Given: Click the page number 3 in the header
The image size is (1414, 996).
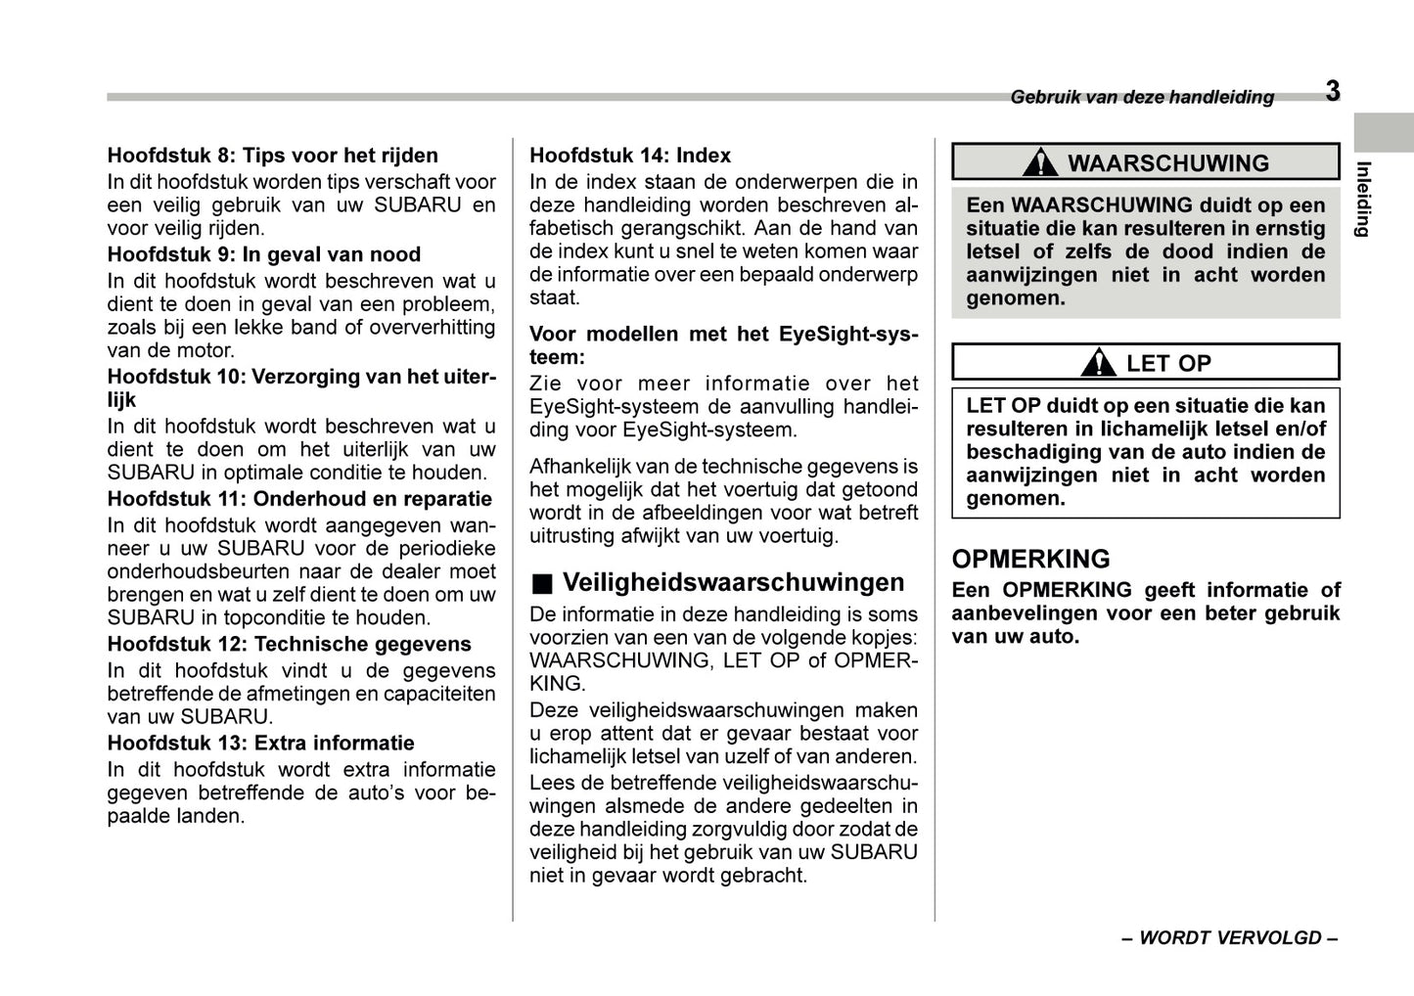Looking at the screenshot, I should [x=1333, y=92].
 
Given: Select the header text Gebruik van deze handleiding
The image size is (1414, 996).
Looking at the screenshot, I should [x=1142, y=97].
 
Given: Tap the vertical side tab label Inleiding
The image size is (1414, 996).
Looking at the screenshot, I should [x=1362, y=199].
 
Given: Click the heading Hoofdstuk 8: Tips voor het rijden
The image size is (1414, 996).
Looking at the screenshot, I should [x=272, y=156].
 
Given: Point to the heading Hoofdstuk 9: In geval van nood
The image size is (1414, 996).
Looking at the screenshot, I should [x=263, y=254].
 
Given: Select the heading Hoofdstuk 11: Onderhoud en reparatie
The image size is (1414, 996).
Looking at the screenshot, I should [x=299, y=499].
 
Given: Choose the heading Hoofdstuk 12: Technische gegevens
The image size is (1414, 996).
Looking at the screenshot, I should [x=289, y=644].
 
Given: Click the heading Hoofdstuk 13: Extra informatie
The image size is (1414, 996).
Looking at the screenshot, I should [x=260, y=743].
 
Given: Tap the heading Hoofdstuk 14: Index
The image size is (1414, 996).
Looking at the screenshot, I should [x=629, y=156].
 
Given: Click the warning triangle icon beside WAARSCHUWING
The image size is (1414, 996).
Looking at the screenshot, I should [x=1039, y=162].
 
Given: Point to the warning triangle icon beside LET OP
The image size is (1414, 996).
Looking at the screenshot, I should [x=1099, y=363].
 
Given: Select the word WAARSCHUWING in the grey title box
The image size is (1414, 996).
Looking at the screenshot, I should [x=1167, y=163].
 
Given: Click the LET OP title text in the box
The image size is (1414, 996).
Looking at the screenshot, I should [x=1168, y=363].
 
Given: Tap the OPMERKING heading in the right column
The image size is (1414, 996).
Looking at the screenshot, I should [x=1030, y=559].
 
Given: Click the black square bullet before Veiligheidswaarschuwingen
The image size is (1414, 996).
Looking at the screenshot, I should [x=542, y=584].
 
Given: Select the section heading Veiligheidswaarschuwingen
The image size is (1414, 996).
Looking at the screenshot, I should [x=733, y=583].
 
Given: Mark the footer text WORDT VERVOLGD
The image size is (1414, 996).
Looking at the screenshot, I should [x=1229, y=937].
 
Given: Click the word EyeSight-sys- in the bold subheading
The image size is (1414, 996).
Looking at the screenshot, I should [x=848, y=335].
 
